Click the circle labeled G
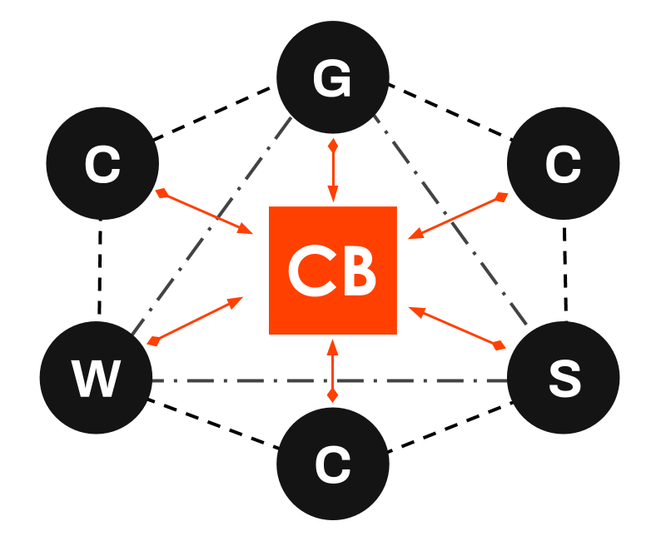333,77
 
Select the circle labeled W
96,378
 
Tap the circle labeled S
564,378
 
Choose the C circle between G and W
102,163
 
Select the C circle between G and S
564,163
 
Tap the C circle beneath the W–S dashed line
333,464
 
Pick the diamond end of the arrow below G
333,146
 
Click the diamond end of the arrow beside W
153,340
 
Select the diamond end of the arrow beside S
499,345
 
